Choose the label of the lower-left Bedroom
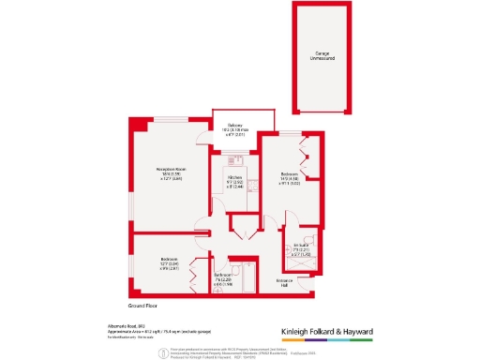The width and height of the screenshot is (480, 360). [x=169, y=263]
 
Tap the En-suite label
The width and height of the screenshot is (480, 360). [x=300, y=251]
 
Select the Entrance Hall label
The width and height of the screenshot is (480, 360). [x=284, y=283]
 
